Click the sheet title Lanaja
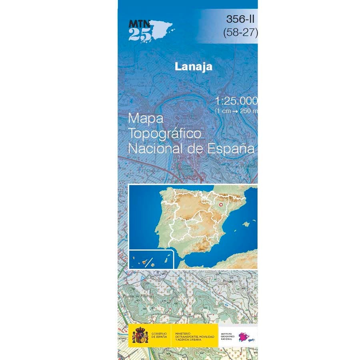[x=193, y=66]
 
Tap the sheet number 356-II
[x=240, y=19]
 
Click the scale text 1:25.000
[x=236, y=101]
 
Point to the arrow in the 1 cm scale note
[x=236, y=111]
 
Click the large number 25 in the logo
[x=140, y=35]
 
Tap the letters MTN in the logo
[x=137, y=24]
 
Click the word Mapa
[x=146, y=119]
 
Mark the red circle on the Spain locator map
[x=220, y=205]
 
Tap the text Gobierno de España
[x=160, y=336]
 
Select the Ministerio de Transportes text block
[x=194, y=336]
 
